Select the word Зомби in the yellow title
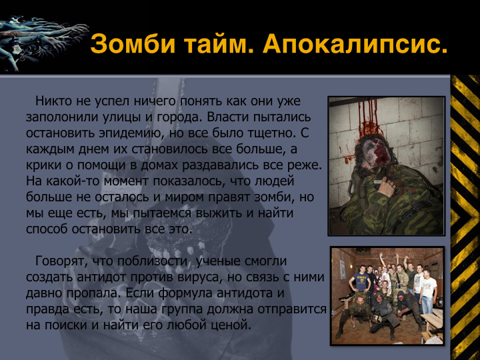click(x=133, y=43)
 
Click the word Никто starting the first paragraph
click(x=53, y=101)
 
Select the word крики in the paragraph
click(x=43, y=165)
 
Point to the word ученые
click(x=218, y=261)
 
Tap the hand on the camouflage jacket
click(x=387, y=187)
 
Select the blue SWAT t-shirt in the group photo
click(x=361, y=281)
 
